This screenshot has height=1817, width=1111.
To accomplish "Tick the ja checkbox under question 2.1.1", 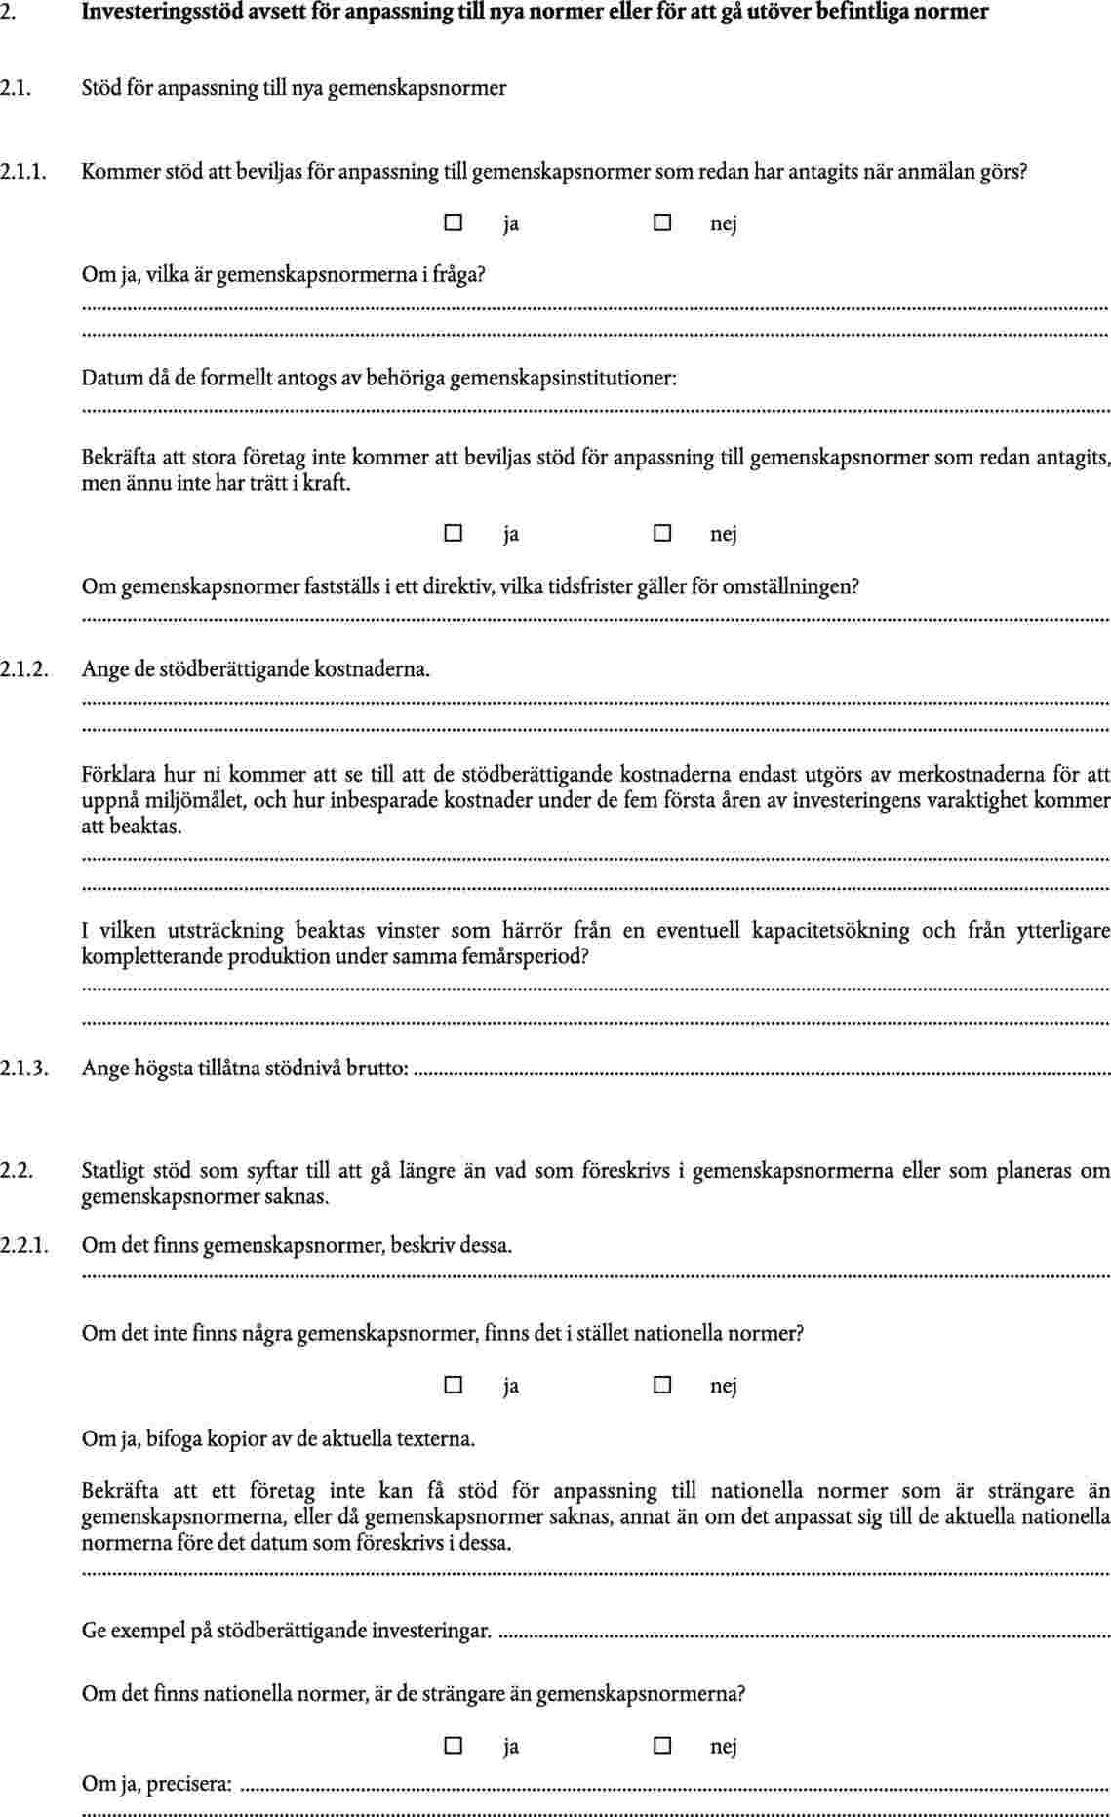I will coord(453,222).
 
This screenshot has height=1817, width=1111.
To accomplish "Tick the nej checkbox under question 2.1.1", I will coord(662,222).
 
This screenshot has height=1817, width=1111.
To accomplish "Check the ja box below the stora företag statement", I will coord(453,533).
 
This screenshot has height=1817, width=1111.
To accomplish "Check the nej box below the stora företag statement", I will coord(662,533).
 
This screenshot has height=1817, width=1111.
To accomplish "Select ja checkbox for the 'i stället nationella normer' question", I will coord(453,1385).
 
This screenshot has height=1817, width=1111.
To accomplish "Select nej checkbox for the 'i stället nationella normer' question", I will coord(662,1385).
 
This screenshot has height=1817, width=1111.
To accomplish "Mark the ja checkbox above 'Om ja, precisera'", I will coord(453,1745).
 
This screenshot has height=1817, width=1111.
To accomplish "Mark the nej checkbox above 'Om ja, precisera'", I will coord(662,1745).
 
